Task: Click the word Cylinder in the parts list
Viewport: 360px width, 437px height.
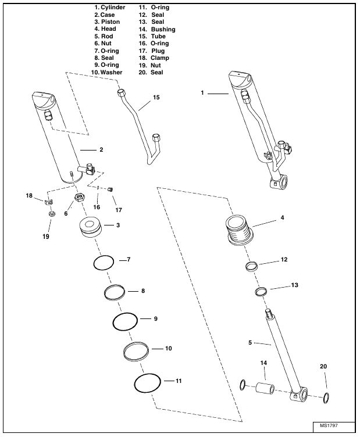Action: [113, 8]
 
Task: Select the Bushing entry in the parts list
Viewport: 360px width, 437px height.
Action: [163, 29]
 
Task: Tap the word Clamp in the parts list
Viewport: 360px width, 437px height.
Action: [160, 58]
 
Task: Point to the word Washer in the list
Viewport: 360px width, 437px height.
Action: [111, 73]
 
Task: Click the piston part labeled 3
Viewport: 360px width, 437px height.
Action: [90, 227]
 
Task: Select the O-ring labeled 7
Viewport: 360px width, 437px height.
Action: [94, 262]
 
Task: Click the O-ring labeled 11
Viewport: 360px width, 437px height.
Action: [135, 384]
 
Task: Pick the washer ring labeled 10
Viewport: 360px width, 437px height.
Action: [124, 352]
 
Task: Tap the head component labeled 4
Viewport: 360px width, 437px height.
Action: [240, 230]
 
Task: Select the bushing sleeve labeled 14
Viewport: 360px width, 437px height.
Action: [265, 388]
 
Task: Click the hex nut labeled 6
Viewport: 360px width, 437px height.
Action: [80, 198]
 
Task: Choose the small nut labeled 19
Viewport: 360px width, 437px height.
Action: [52, 214]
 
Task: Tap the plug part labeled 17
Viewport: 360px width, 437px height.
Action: [110, 189]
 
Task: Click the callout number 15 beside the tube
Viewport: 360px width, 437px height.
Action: [156, 97]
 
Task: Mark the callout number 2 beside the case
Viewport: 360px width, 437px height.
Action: [101, 150]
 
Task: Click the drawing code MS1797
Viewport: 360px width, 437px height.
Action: [329, 425]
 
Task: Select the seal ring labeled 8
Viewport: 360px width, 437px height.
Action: [105, 293]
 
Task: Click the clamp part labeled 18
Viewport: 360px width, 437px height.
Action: [49, 201]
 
